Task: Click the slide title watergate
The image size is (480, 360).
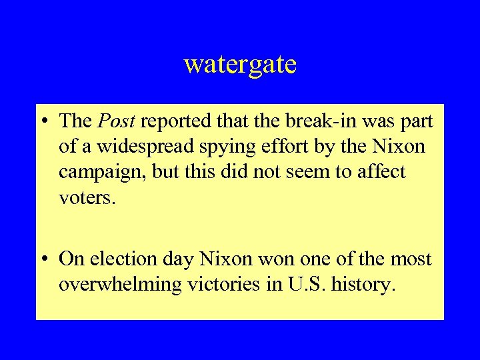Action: coord(240,65)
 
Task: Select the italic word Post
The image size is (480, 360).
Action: coord(116,121)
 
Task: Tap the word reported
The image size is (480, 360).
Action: coord(175,121)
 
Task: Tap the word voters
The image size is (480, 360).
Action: coord(87,199)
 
